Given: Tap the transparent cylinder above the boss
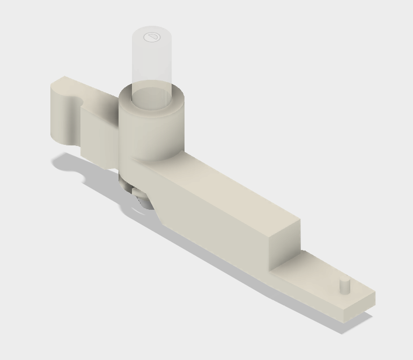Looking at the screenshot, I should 153,59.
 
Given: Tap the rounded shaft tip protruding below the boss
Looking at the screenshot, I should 141,200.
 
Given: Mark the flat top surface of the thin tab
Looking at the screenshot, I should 322,279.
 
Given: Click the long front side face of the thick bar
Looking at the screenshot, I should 215,225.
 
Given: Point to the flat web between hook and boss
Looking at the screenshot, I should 99,134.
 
